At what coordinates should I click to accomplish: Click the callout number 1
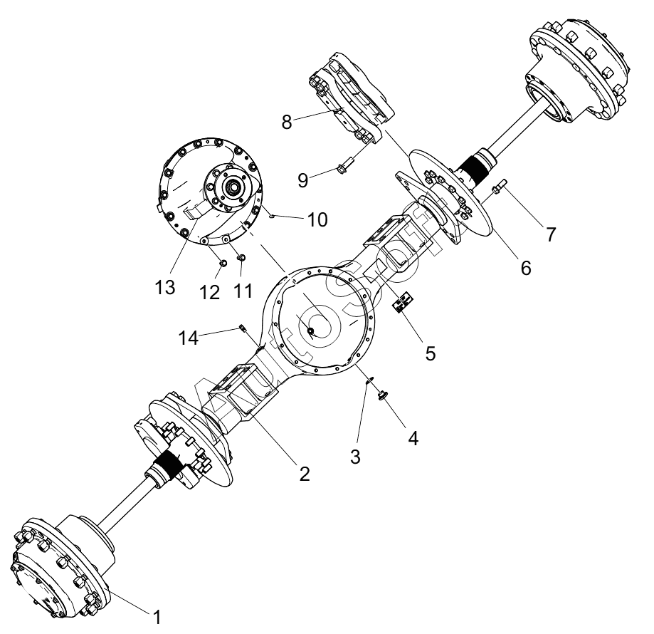(x=157, y=617)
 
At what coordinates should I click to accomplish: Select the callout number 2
(x=305, y=474)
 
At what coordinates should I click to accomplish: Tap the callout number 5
(x=431, y=353)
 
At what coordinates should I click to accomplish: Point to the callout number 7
(x=551, y=234)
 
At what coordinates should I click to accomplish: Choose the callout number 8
(x=287, y=123)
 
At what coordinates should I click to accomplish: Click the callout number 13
(x=165, y=287)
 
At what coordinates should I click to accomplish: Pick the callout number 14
(x=189, y=338)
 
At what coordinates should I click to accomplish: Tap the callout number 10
(x=318, y=219)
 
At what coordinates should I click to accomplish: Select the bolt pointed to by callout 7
(x=500, y=186)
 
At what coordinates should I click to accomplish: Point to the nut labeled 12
(x=223, y=264)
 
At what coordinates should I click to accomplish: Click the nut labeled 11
(x=241, y=258)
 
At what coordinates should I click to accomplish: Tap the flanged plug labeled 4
(x=381, y=394)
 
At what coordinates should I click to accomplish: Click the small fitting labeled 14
(x=243, y=328)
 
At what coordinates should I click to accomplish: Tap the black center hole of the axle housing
(x=310, y=331)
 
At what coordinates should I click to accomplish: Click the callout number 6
(x=526, y=268)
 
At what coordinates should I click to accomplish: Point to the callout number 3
(x=355, y=457)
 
